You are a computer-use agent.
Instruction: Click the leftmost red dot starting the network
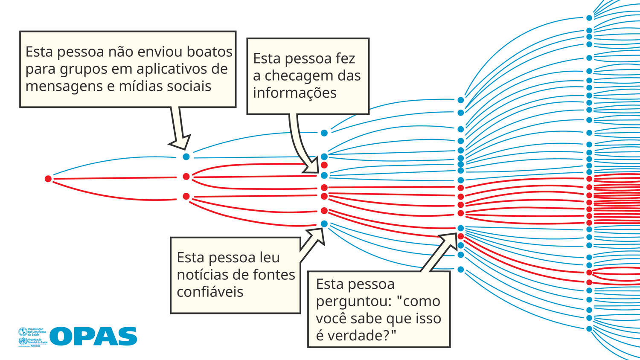click(x=48, y=179)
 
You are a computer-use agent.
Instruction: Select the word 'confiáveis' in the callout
click(x=210, y=292)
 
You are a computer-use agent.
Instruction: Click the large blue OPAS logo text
click(x=93, y=336)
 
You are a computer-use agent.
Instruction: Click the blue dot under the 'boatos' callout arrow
click(x=186, y=157)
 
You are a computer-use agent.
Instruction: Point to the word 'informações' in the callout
click(x=295, y=93)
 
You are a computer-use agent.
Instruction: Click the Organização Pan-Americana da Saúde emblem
click(x=23, y=332)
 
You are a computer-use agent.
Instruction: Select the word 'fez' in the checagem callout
click(x=345, y=58)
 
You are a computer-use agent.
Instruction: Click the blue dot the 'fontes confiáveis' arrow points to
click(x=324, y=224)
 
